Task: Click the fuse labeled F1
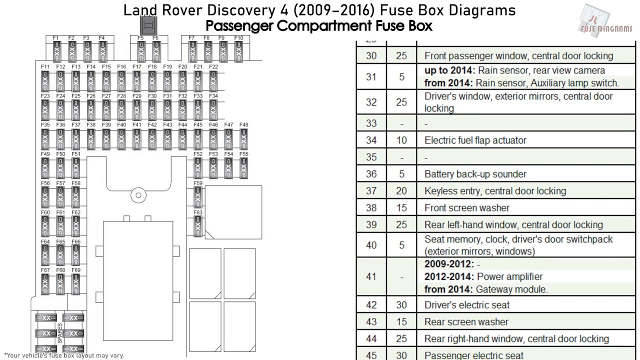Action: [x=56, y=51]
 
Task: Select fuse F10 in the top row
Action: [x=238, y=51]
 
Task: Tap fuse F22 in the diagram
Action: [x=213, y=80]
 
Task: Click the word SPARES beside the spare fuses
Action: [x=59, y=332]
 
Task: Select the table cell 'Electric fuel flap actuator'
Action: [x=475, y=140]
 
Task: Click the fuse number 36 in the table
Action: [x=371, y=174]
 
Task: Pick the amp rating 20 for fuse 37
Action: [x=401, y=191]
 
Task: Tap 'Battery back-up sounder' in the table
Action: [x=475, y=174]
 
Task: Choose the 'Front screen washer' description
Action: [x=466, y=208]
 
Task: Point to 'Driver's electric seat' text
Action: [x=467, y=305]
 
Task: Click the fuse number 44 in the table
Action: [x=371, y=339]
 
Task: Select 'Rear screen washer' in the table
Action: [x=466, y=322]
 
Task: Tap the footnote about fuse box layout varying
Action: [x=63, y=355]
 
